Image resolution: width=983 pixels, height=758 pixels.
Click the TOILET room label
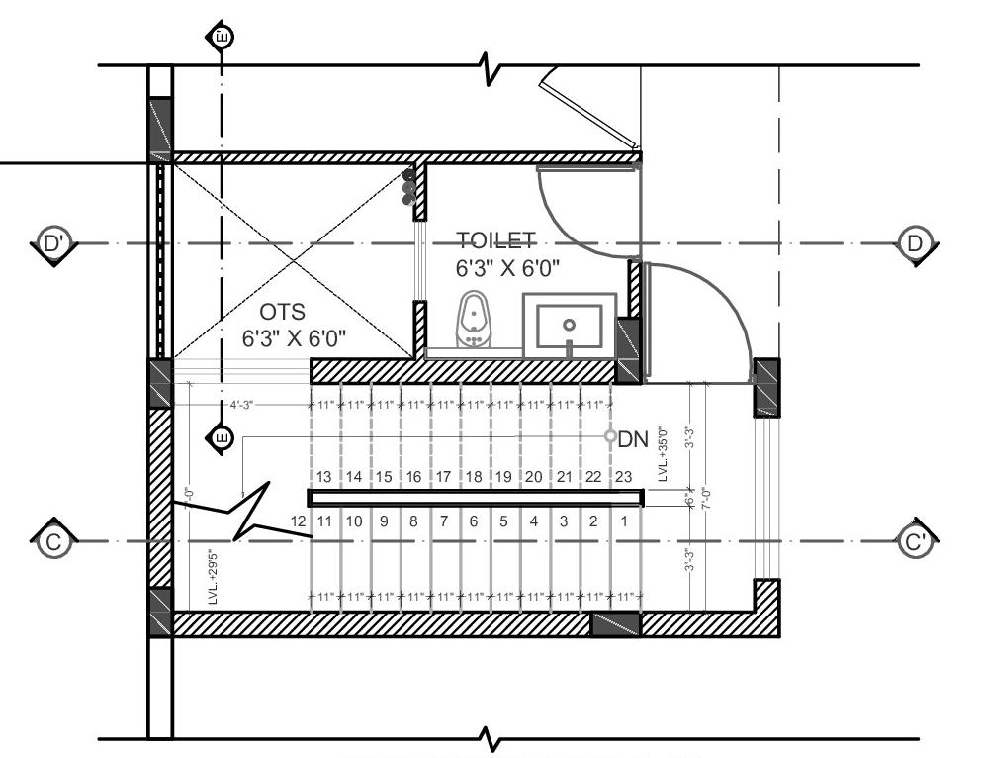click(x=495, y=240)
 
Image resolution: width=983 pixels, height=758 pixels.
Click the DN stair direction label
click(x=633, y=441)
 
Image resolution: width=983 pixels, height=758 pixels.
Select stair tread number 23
click(x=623, y=476)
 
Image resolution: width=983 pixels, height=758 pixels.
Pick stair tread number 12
click(x=297, y=521)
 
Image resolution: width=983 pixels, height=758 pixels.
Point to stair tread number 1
click(x=624, y=521)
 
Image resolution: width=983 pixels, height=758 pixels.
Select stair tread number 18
click(x=474, y=476)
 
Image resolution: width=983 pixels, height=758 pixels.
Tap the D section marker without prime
click(x=916, y=243)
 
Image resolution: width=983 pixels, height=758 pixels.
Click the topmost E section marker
click(x=221, y=38)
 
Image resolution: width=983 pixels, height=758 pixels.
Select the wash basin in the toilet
click(x=569, y=326)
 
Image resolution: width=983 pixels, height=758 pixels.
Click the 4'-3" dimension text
click(x=242, y=405)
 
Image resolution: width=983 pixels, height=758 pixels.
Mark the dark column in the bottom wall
click(x=615, y=624)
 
